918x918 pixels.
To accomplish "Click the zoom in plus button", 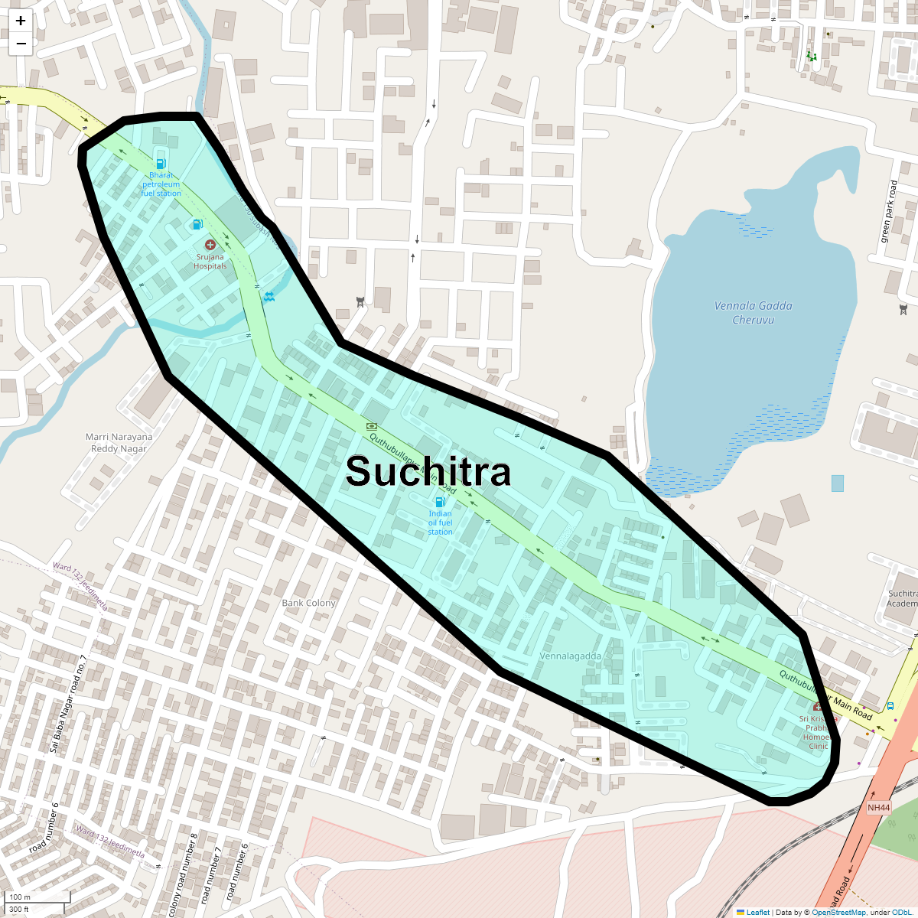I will tap(21, 21).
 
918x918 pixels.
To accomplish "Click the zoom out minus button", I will tap(21, 44).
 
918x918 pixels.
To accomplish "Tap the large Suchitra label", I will tap(428, 471).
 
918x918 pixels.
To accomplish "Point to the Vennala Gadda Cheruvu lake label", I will tap(753, 312).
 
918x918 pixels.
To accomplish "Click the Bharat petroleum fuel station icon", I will tap(161, 162).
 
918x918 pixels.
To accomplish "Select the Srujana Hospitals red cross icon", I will tap(210, 245).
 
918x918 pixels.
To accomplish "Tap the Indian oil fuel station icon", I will tap(440, 502).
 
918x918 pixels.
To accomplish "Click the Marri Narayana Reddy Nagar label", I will tap(119, 443).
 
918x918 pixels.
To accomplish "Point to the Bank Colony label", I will tap(308, 603).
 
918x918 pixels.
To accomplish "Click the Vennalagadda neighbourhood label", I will tap(570, 656).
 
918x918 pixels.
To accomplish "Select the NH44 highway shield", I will tap(879, 808).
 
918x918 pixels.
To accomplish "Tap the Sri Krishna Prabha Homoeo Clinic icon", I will tap(818, 707).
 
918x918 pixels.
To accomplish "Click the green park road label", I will tap(889, 211).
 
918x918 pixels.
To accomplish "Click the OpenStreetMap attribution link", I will tap(838, 912).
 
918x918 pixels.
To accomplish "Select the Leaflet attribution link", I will tap(757, 912).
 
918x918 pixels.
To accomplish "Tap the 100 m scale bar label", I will tap(21, 897).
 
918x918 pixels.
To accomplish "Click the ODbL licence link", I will tap(900, 912).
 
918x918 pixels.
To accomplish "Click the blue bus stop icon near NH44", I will tap(890, 706).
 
